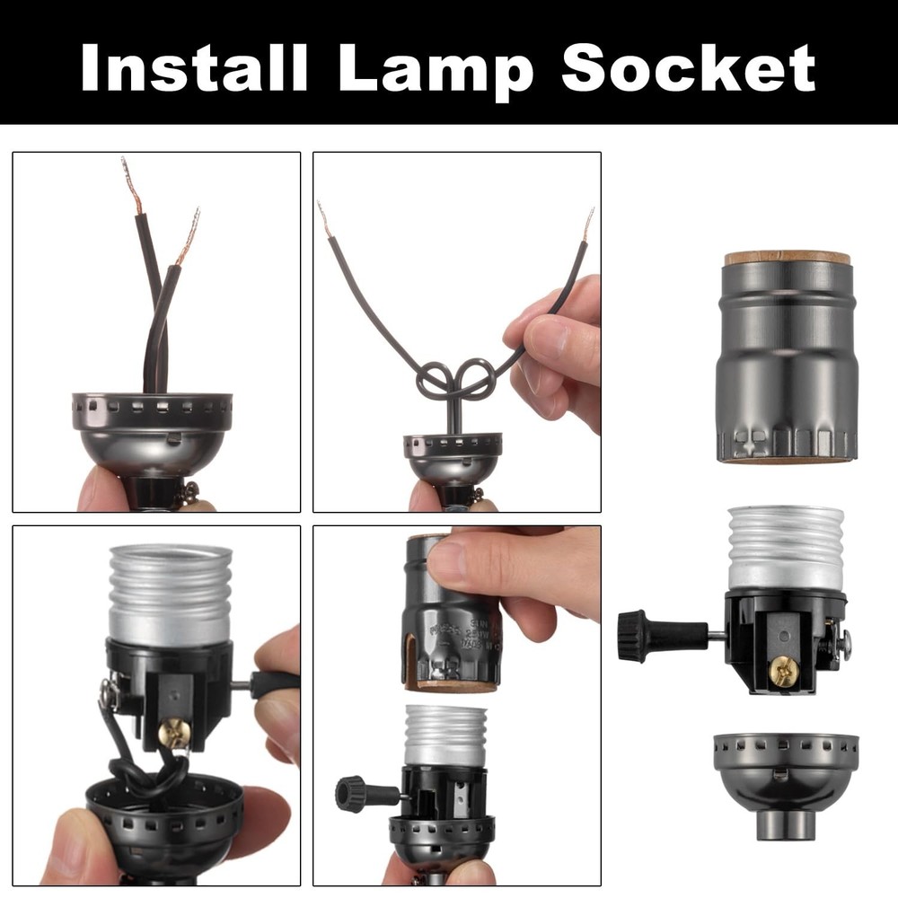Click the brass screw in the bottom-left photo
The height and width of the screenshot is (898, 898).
[x=175, y=733]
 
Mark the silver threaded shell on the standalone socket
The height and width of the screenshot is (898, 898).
[x=786, y=548]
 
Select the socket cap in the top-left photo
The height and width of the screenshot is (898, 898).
[x=152, y=432]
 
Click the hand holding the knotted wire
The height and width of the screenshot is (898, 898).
[x=557, y=350]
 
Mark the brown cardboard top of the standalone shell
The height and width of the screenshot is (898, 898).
[x=787, y=258]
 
